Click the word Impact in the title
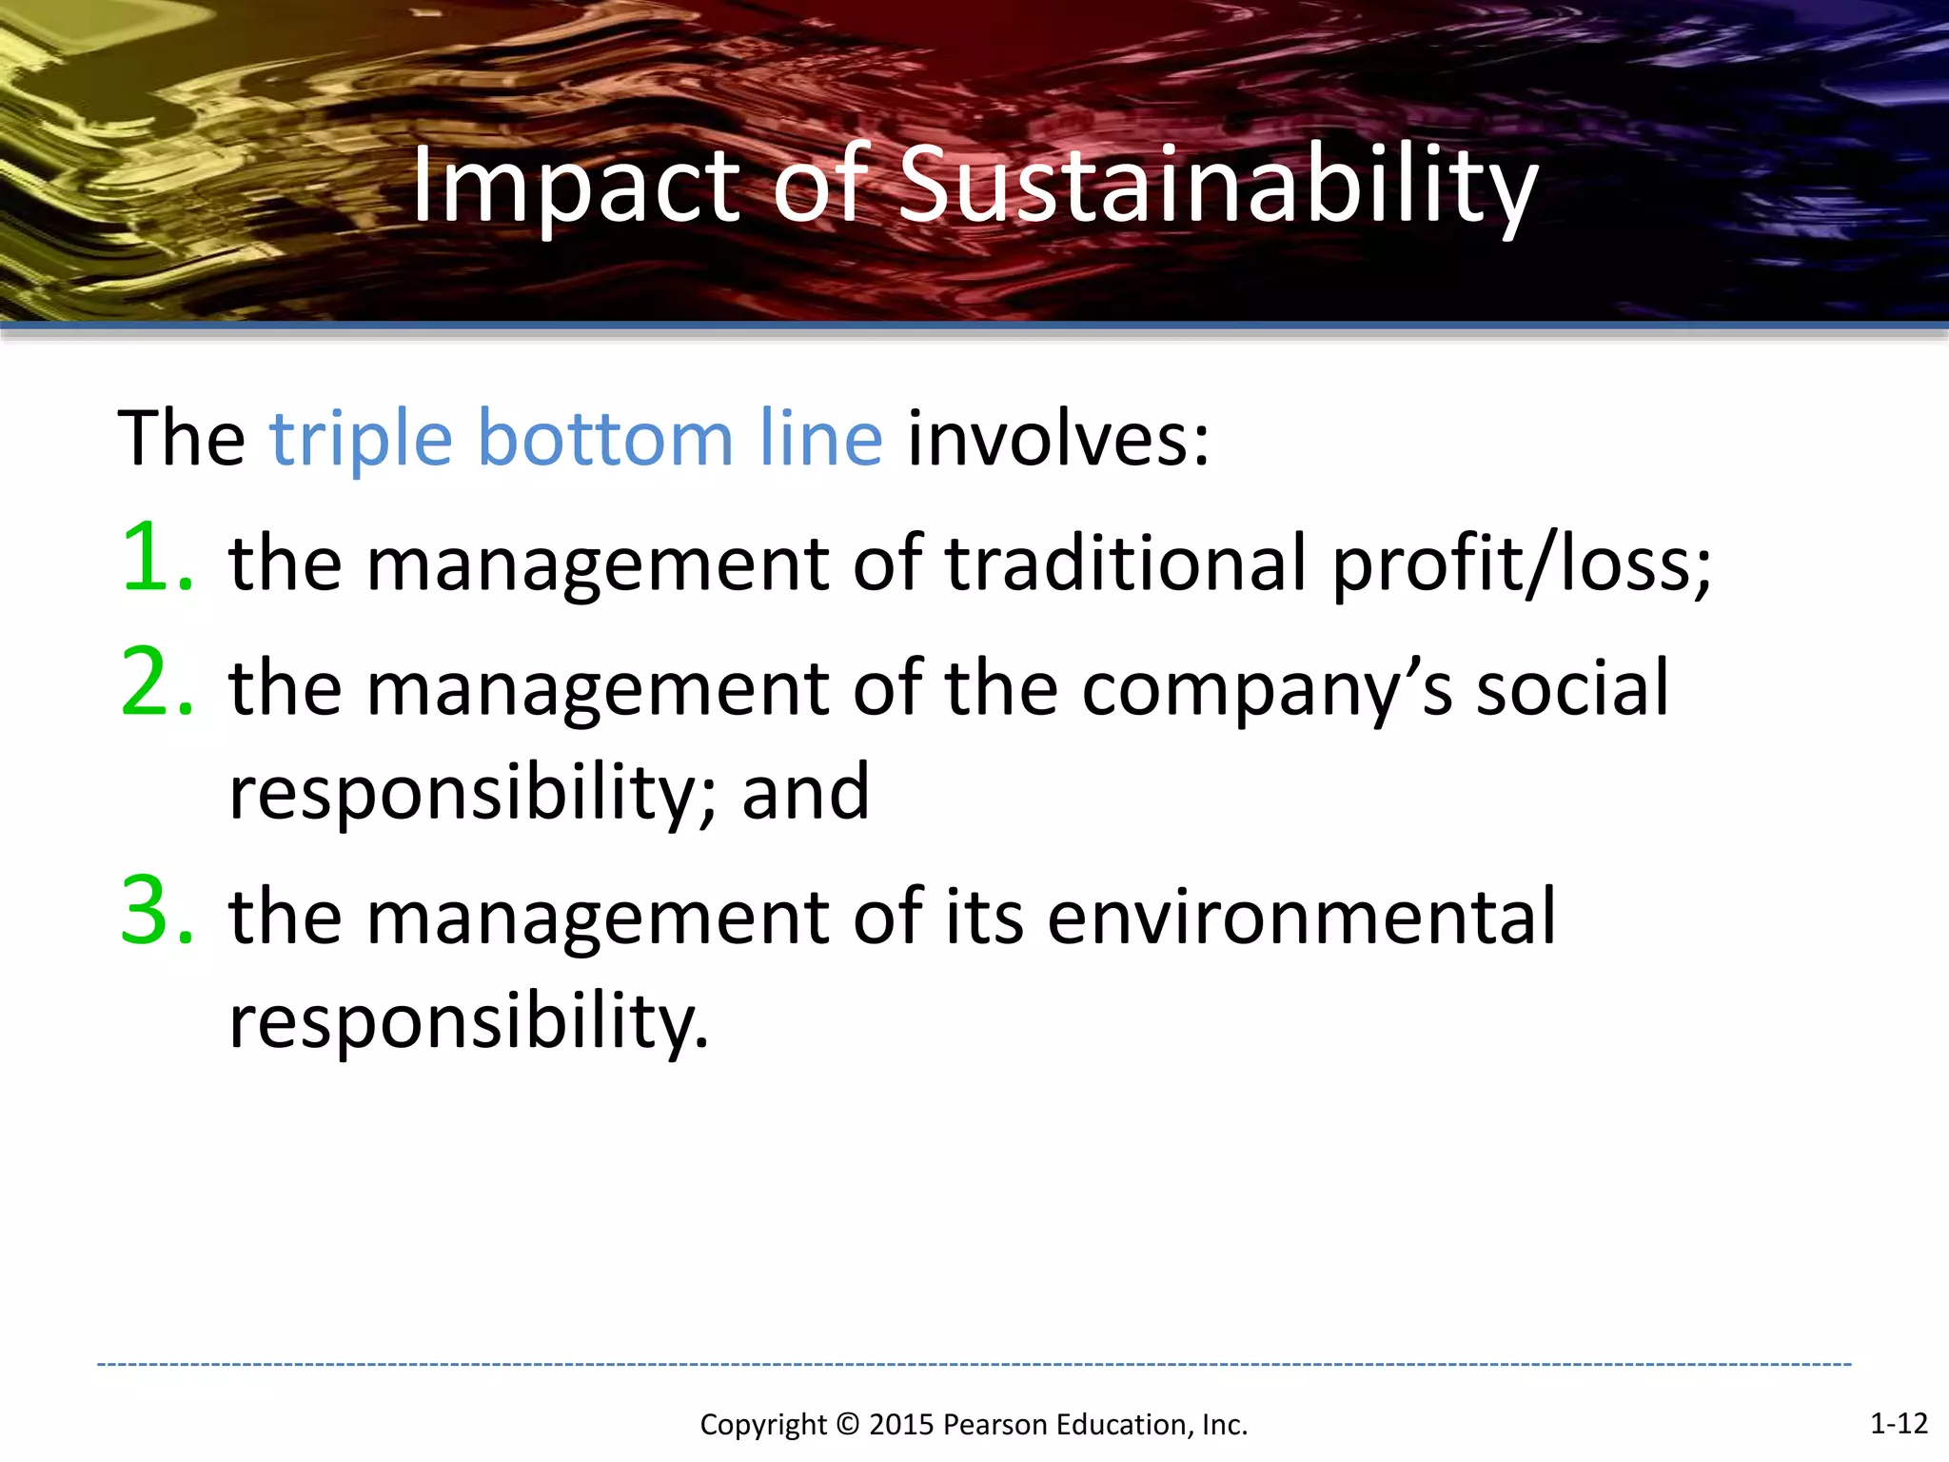coord(575,187)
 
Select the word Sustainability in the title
coord(1217,187)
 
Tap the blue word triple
coord(361,440)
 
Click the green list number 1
coord(155,558)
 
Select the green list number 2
coord(155,682)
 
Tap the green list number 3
coord(155,912)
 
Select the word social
coord(1572,687)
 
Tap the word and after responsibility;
coord(805,792)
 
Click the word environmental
coord(1302,917)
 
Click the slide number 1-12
coord(1899,1423)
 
